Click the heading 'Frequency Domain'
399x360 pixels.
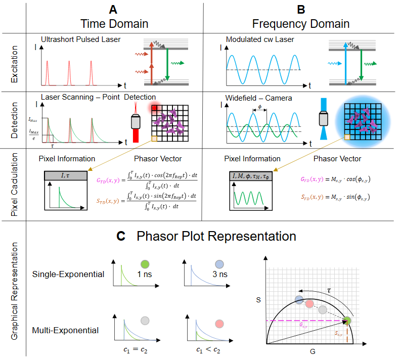(x=301, y=24)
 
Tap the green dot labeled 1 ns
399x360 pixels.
(x=145, y=263)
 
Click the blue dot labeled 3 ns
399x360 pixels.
(x=219, y=263)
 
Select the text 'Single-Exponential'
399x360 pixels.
(x=68, y=275)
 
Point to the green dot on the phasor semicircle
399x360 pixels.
(x=347, y=320)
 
